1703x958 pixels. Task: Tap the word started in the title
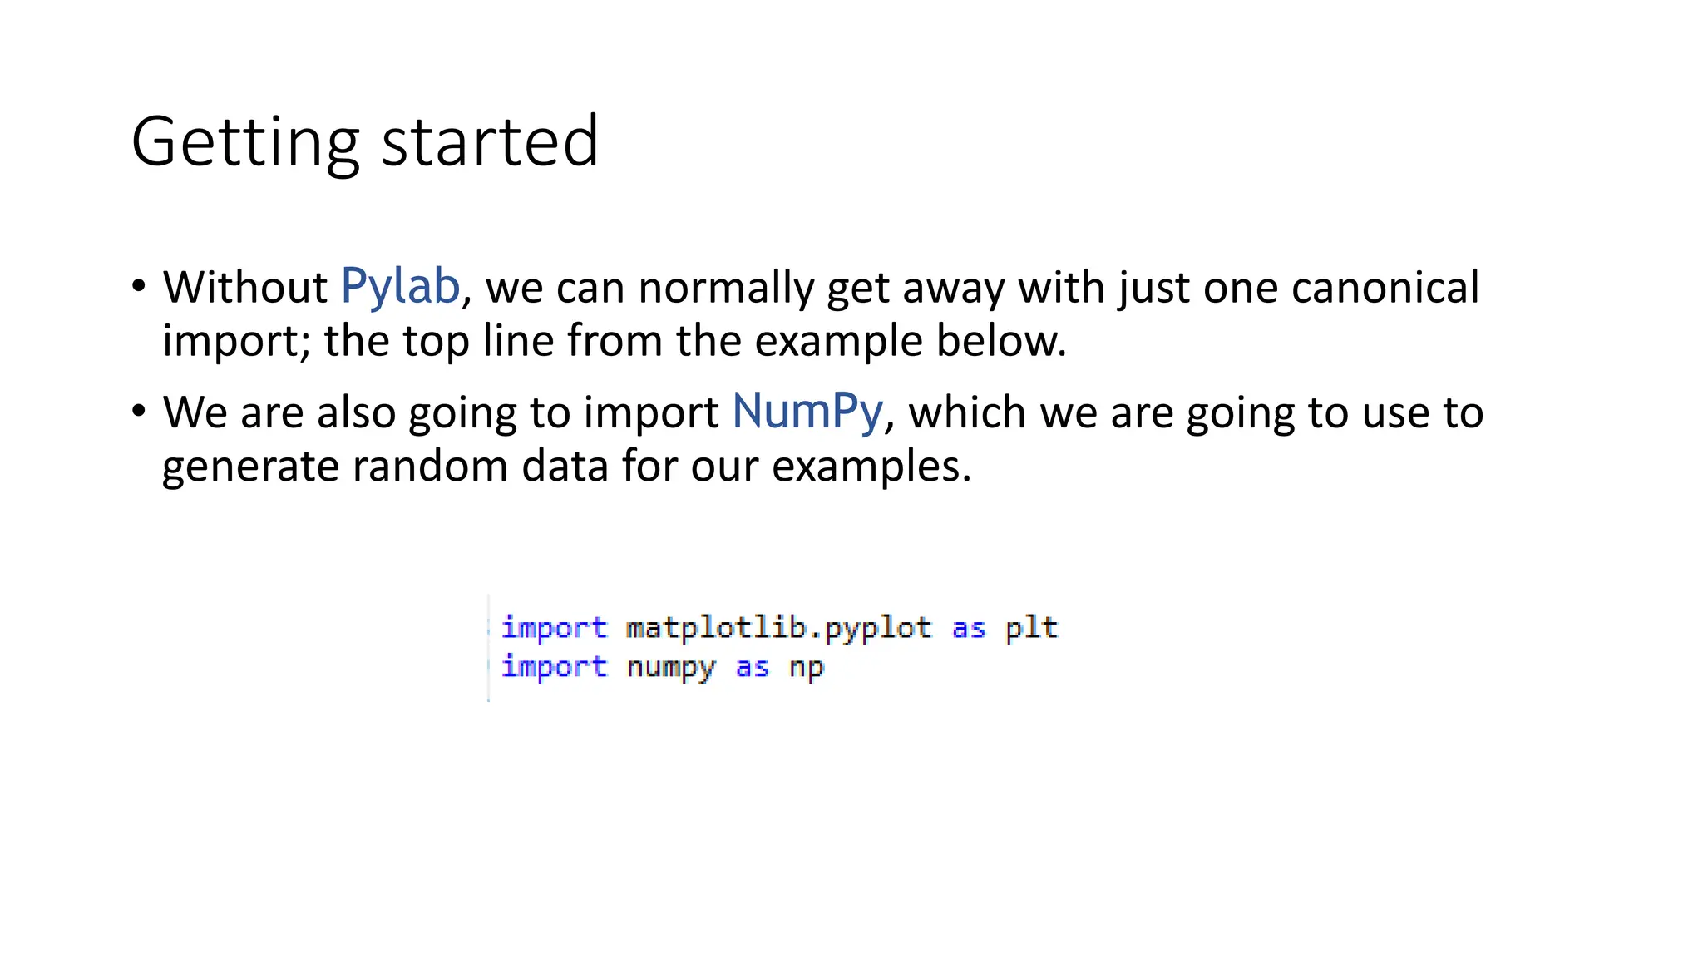(x=490, y=142)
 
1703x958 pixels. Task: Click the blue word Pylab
(x=400, y=287)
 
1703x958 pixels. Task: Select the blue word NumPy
(x=807, y=412)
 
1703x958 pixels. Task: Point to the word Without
(x=245, y=288)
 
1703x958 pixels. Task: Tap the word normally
(x=726, y=288)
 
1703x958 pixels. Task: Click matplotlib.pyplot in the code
(x=778, y=628)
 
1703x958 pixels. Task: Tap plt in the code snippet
(x=1031, y=628)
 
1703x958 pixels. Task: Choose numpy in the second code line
(x=670, y=668)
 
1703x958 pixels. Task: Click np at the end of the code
(x=806, y=668)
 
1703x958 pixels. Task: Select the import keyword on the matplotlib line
(x=554, y=628)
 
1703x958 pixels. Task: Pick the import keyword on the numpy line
(x=554, y=667)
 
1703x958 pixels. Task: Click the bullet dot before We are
(x=139, y=411)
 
